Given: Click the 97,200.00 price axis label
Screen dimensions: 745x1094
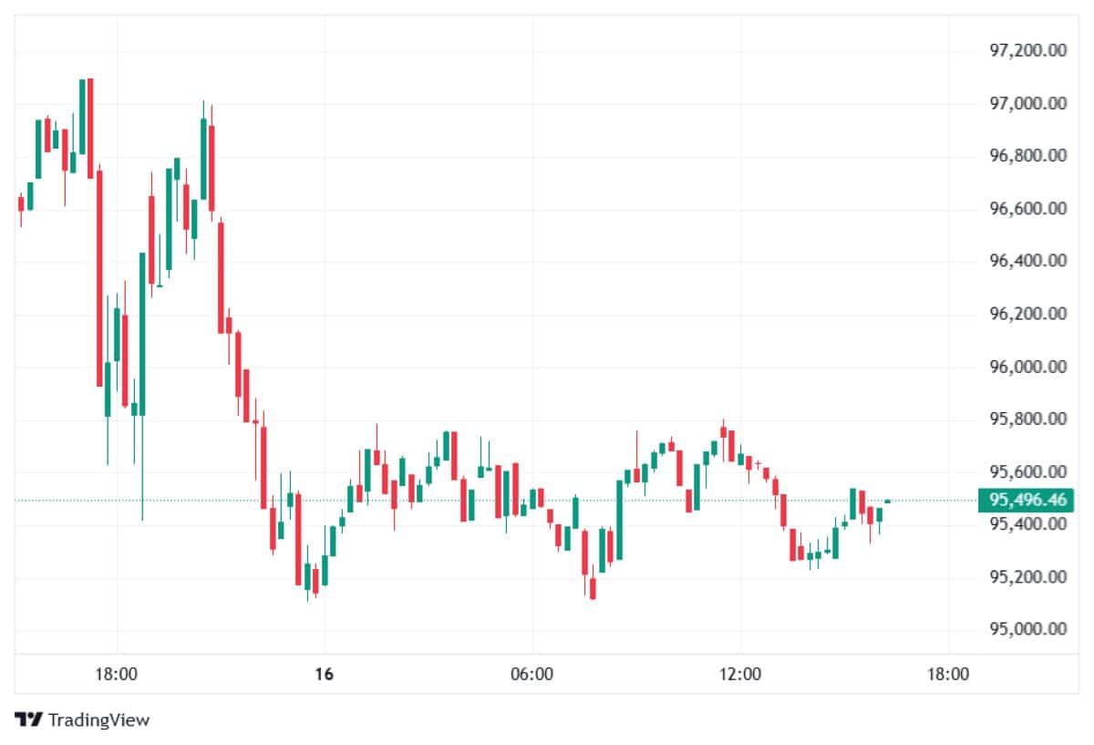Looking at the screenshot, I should tap(1027, 51).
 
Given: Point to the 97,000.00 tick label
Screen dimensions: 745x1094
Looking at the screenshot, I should tap(1027, 104).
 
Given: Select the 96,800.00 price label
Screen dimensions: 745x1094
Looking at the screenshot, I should tap(1027, 156).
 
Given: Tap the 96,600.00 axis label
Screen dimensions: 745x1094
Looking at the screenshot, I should tap(1027, 209).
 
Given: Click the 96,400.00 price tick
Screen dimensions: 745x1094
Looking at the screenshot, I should tap(1027, 262).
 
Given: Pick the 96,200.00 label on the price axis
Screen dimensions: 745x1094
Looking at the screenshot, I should tap(1027, 315).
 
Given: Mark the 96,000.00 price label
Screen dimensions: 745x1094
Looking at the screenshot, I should tap(1027, 367).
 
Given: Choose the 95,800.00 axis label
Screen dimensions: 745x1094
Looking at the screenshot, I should tap(1027, 419).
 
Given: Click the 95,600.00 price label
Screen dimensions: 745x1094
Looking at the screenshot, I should tap(1027, 472).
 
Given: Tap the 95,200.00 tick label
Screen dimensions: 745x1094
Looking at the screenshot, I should tap(1027, 577).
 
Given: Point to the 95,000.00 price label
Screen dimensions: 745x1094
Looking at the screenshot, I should tap(1027, 629).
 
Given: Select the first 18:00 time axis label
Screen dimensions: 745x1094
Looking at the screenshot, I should tap(117, 675).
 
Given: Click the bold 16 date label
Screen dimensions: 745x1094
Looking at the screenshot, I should tap(324, 675).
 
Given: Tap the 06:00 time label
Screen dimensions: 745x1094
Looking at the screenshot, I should tap(532, 675).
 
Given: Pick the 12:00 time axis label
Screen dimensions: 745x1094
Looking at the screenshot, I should tap(740, 675).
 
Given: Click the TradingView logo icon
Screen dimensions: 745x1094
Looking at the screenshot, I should tap(29, 719).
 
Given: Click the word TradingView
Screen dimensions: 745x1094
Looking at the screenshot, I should tap(98, 719).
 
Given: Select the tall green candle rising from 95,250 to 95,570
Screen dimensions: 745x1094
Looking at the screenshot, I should tap(619, 519).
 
